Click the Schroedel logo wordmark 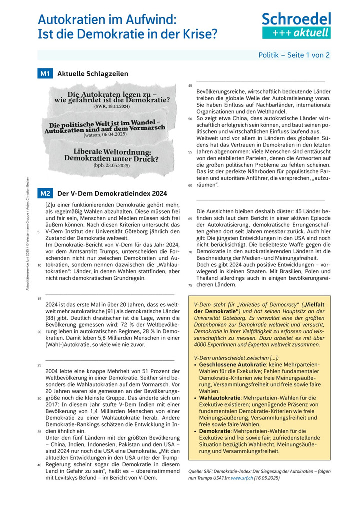click(x=296, y=19)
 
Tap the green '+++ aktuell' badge click(x=296, y=33)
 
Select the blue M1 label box click(x=45, y=74)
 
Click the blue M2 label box click(x=45, y=193)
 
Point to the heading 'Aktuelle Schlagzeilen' click(x=93, y=74)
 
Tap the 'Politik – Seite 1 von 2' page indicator click(x=294, y=55)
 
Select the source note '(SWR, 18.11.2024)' click(x=112, y=107)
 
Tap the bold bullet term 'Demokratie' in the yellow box click(x=215, y=430)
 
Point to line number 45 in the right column click(x=190, y=86)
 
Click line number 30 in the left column click(x=39, y=398)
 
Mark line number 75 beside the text click(x=190, y=285)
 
